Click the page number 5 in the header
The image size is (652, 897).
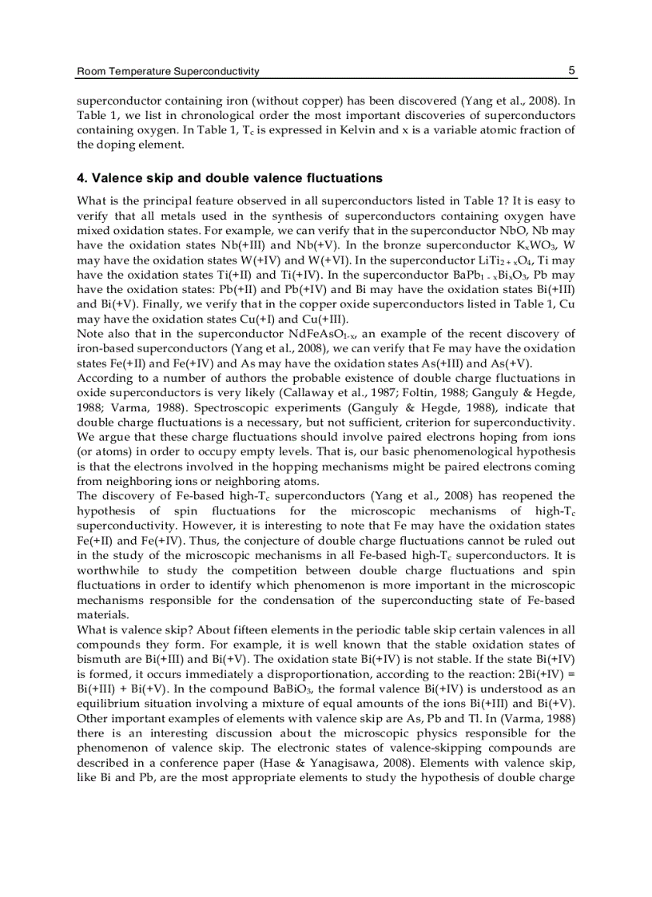tap(571, 71)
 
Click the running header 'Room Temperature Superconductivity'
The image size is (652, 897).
tap(167, 72)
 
